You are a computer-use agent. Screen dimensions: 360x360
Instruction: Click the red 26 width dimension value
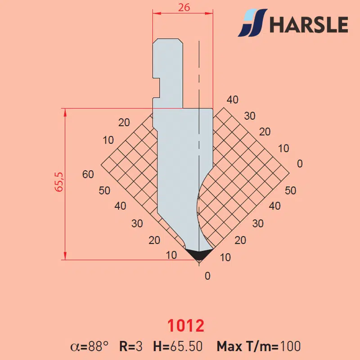tap(184, 8)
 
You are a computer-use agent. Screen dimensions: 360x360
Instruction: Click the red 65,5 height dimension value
tap(59, 182)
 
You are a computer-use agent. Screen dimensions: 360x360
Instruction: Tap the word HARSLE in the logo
tap(309, 24)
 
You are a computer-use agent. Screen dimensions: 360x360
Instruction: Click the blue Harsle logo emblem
tap(252, 23)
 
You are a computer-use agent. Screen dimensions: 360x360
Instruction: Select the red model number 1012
tap(186, 325)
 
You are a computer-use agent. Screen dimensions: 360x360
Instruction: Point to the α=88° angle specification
tap(89, 346)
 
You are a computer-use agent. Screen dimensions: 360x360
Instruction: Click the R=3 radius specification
tap(131, 346)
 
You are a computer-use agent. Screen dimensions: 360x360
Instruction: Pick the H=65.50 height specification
tap(178, 346)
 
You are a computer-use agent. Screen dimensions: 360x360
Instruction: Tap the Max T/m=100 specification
tap(259, 346)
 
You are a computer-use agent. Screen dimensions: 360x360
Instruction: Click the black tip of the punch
tap(199, 254)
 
